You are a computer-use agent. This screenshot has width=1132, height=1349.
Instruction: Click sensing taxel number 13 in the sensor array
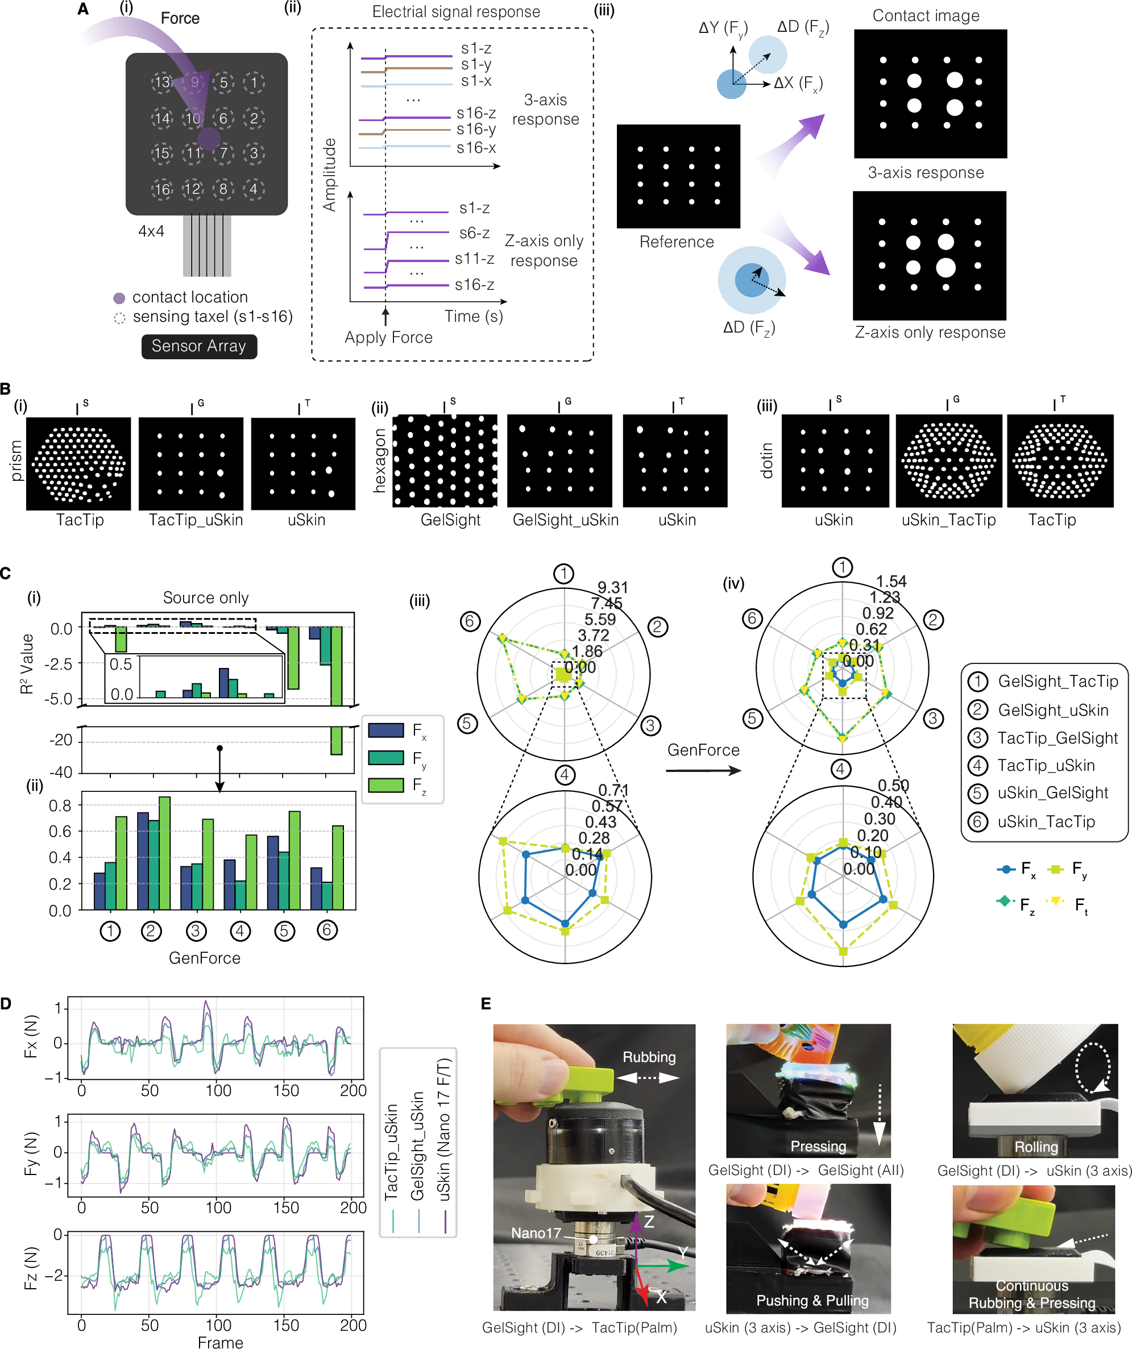tap(162, 82)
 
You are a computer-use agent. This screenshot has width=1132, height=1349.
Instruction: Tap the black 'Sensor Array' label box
tap(198, 346)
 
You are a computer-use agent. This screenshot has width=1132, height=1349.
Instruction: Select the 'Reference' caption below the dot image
tap(677, 242)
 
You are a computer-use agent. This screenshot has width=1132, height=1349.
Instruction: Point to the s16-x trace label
tap(476, 148)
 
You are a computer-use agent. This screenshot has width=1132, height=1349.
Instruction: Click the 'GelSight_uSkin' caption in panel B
tap(565, 520)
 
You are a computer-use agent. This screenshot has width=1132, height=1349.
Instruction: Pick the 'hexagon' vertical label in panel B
tap(380, 460)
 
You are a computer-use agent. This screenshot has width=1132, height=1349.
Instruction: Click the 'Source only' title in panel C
tap(206, 598)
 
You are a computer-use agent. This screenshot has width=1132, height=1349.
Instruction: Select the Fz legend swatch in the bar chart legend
tap(385, 785)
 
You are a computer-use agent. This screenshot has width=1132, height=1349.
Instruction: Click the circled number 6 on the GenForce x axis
tap(327, 930)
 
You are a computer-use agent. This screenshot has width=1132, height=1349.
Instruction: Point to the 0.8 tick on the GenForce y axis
tap(60, 806)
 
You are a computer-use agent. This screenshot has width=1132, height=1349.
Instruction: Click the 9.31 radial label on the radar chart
tap(612, 588)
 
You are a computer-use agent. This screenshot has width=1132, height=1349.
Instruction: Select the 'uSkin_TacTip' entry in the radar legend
tap(1046, 821)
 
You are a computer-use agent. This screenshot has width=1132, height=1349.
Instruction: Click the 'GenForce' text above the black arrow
tap(703, 750)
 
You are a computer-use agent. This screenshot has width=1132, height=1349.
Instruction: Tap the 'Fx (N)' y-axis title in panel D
tap(31, 1036)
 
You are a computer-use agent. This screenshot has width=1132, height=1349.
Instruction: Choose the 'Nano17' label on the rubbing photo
tap(536, 1232)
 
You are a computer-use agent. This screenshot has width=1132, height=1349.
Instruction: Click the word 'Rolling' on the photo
tap(1036, 1147)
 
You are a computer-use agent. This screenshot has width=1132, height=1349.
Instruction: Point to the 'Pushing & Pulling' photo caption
tap(812, 1301)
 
